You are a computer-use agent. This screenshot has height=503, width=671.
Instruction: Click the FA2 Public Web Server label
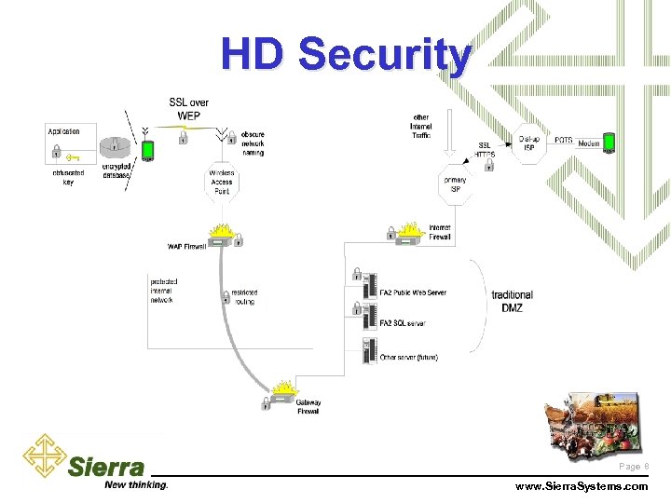pos(413,292)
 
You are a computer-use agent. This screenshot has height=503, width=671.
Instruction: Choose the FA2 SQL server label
pos(403,323)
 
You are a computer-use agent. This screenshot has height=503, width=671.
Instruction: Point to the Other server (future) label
pos(408,357)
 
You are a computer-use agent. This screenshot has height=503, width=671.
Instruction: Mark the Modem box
pos(589,144)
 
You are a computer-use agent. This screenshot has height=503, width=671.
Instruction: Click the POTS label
pos(564,140)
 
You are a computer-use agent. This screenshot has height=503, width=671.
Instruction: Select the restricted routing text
pos(244,297)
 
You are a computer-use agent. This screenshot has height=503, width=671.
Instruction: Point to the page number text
pos(630,466)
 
